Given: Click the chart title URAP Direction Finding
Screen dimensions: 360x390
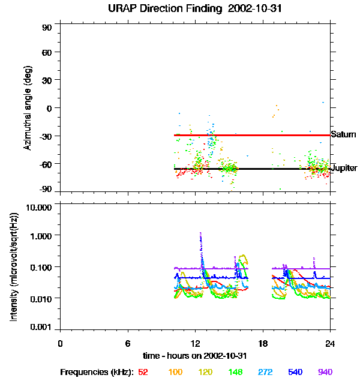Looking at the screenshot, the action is click(165, 9).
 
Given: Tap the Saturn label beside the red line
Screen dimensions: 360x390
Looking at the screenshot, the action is click(343, 134).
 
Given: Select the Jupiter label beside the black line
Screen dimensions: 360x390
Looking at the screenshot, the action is click(344, 168).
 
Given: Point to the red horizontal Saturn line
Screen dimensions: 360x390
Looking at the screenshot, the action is click(252, 136).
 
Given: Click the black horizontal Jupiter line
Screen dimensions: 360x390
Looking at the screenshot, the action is click(252, 169).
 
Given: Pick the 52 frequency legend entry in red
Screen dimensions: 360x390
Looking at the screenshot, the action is click(143, 372).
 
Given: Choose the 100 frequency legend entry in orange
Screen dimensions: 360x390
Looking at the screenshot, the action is click(175, 372).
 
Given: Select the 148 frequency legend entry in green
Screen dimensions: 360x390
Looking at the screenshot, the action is click(235, 372).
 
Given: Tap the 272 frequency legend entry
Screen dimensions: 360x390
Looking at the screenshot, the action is click(265, 372).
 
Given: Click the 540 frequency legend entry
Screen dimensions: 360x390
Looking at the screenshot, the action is click(295, 372).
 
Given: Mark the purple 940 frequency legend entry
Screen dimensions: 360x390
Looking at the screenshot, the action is click(325, 372).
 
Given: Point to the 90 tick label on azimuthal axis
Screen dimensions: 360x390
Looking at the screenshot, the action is click(47, 28).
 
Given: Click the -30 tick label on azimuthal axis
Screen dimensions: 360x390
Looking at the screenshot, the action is click(46, 136).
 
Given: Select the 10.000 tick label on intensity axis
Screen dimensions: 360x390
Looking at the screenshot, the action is click(39, 208).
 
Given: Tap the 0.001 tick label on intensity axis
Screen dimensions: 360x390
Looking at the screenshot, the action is click(41, 327).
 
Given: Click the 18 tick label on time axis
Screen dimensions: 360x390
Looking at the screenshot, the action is click(263, 344).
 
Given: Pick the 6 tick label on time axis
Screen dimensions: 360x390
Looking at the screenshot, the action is click(128, 344).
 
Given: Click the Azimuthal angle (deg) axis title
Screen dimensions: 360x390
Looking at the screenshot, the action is click(28, 108).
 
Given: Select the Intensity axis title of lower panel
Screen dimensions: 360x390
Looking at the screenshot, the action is click(14, 267).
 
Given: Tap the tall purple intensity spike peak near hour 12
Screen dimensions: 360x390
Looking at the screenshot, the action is click(200, 233).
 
